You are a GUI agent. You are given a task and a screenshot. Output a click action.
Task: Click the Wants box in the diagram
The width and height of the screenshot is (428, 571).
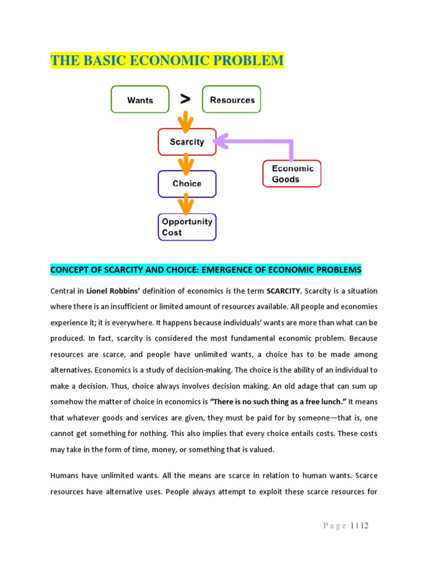[140, 100]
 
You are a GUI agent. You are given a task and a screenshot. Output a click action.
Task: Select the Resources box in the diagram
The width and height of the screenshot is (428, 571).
[231, 100]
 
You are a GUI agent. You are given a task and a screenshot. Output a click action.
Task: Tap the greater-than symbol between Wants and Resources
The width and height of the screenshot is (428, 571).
[185, 99]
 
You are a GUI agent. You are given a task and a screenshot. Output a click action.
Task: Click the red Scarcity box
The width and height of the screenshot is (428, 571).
[187, 142]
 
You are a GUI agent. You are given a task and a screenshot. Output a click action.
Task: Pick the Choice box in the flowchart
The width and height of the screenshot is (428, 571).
[187, 183]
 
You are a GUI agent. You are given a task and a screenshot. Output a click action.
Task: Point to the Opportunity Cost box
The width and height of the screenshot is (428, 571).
[187, 227]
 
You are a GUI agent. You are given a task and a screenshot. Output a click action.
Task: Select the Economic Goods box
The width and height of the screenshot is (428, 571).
[291, 174]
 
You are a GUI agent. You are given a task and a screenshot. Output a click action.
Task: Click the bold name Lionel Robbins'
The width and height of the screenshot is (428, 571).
[111, 291]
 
